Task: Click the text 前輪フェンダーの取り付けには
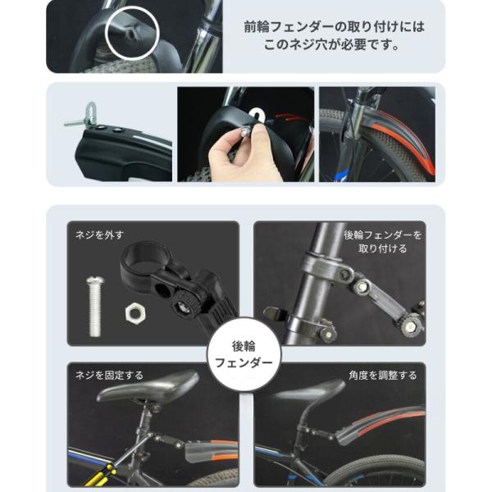point(335,27)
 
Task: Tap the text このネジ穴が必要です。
point(331,44)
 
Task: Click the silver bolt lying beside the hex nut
point(95,306)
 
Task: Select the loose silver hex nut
point(135,313)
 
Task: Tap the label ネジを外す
point(99,235)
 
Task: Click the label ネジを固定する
point(109,375)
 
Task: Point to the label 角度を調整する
point(382,375)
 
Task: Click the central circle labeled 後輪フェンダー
point(244,354)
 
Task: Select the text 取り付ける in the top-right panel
point(382,248)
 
